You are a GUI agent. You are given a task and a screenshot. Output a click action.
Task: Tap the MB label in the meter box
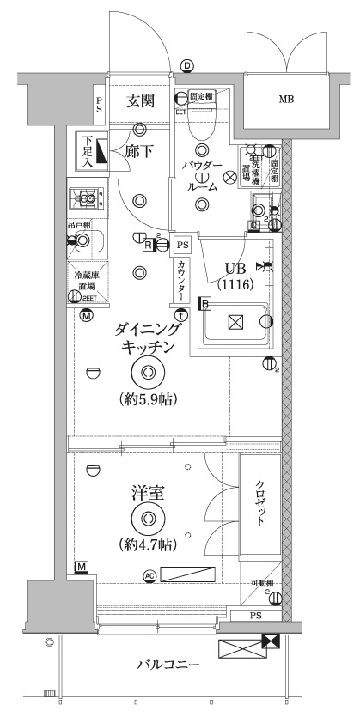285,100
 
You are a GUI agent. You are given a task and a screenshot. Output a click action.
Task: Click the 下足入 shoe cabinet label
87,152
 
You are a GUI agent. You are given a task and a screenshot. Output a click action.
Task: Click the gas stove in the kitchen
87,198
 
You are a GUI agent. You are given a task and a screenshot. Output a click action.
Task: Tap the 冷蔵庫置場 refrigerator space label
87,282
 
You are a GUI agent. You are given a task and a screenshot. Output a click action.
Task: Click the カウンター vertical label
181,281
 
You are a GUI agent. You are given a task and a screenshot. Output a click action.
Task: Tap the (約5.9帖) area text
148,400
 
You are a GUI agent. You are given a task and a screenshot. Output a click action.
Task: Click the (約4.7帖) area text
148,544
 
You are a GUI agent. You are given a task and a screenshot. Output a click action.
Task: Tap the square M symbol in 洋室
82,568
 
